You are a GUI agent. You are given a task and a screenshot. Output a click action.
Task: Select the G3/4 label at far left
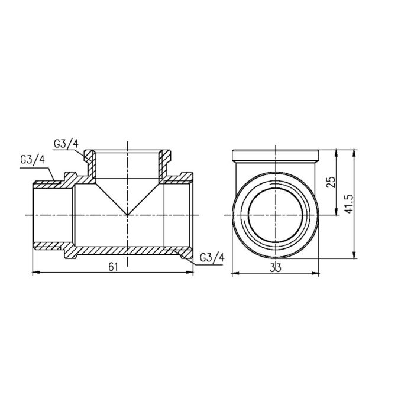click(x=31, y=160)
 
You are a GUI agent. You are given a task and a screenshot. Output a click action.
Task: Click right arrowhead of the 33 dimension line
click(x=318, y=273)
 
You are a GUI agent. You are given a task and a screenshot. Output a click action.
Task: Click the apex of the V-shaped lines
click(x=128, y=214)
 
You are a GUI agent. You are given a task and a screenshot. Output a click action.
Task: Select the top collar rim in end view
click(x=276, y=157)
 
